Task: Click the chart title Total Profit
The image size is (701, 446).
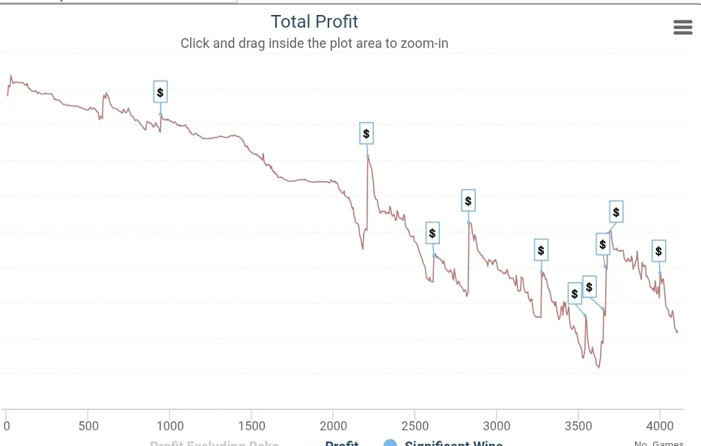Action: [314, 22]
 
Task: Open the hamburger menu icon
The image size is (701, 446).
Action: [682, 28]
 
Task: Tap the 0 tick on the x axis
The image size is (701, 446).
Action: [7, 426]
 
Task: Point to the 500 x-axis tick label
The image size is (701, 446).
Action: [88, 426]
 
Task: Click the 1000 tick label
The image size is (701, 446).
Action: [170, 426]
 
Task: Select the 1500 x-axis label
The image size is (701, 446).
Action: [251, 426]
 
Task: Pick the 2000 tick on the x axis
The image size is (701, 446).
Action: [333, 426]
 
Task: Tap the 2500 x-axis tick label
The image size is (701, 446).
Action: [414, 426]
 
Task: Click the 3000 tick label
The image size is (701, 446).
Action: [496, 426]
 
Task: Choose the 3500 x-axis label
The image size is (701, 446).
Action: [578, 426]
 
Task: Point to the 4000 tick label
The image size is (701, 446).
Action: [659, 426]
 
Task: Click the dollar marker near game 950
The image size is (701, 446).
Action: [160, 92]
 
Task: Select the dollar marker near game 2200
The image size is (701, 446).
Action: [367, 134]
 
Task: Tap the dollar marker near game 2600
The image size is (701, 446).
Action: [432, 233]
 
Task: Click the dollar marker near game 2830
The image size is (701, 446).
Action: [468, 201]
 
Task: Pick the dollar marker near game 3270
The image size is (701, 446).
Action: [541, 250]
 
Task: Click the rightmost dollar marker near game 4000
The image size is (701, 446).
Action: [658, 251]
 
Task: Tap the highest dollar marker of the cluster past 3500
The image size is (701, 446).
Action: [616, 213]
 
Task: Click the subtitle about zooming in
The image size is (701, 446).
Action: [314, 43]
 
